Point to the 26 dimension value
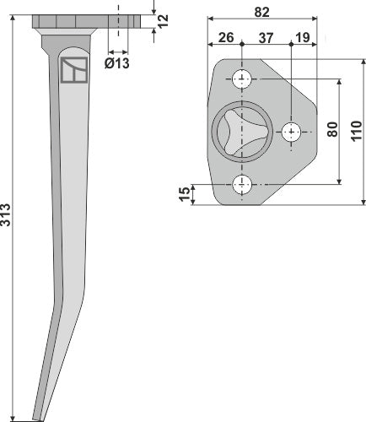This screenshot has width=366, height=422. point(226,36)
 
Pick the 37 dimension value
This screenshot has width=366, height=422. point(266,36)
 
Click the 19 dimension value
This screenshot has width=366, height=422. point(300,36)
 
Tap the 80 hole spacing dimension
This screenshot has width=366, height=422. point(332,131)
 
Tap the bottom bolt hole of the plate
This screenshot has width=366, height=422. point(244,182)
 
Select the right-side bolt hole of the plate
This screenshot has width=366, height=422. point(292,132)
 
